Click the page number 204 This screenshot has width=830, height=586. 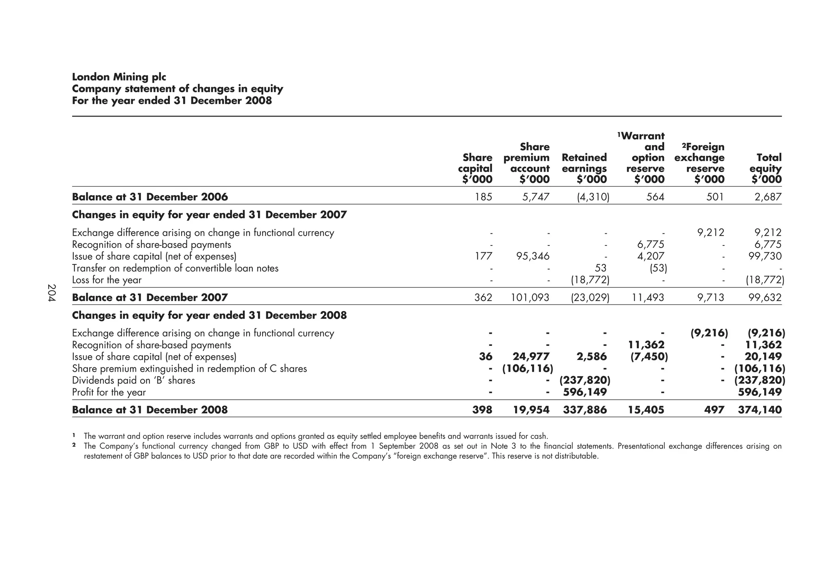coord(51,293)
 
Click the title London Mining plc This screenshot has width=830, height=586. coord(119,77)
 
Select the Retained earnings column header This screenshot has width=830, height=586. coord(584,168)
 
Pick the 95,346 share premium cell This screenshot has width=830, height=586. coord(531,256)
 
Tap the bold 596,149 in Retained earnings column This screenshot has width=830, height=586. coord(585,392)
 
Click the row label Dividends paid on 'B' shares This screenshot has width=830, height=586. coord(133,381)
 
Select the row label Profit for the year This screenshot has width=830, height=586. coord(109,392)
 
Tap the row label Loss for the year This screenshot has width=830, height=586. coord(107,280)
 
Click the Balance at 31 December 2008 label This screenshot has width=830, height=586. coord(150,410)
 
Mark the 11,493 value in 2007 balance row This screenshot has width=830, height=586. coord(647,298)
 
